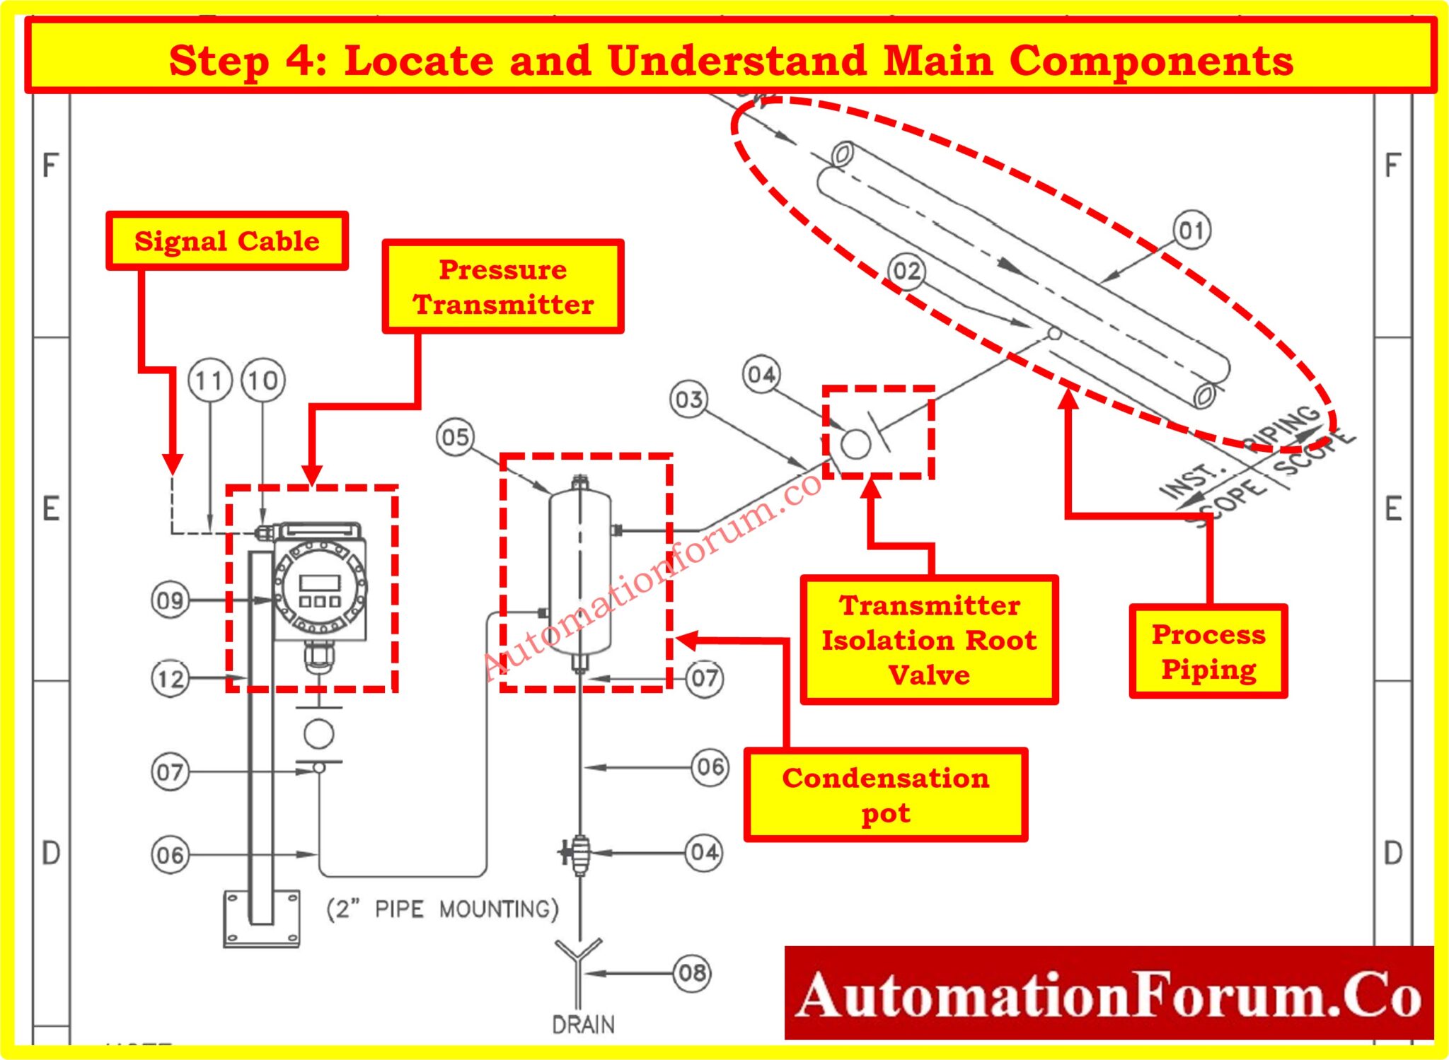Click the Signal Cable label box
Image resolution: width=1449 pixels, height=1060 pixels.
pyautogui.click(x=227, y=241)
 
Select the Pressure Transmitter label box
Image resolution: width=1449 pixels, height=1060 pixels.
pyautogui.click(x=503, y=286)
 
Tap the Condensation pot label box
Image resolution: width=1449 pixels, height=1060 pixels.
pyautogui.click(x=885, y=795)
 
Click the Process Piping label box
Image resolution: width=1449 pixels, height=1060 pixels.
pyautogui.click(x=1208, y=651)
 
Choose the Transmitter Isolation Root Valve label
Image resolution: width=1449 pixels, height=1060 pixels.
pyautogui.click(x=929, y=640)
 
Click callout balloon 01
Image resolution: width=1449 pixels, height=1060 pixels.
pyautogui.click(x=1192, y=231)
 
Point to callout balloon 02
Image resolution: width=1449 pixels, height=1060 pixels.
pyautogui.click(x=907, y=271)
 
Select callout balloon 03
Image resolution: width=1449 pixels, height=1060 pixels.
pyautogui.click(x=689, y=400)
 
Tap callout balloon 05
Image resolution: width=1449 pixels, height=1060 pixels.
pyautogui.click(x=455, y=437)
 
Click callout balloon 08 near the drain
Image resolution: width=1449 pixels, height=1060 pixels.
pyautogui.click(x=692, y=973)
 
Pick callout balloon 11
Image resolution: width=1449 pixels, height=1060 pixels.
pyautogui.click(x=209, y=381)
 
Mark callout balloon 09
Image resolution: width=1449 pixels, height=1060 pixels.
pyautogui.click(x=170, y=601)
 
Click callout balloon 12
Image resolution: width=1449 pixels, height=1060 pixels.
pyautogui.click(x=170, y=679)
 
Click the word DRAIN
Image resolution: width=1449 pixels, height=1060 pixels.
pyautogui.click(x=583, y=1025)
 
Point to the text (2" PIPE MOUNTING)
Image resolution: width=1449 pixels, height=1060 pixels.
pyautogui.click(x=442, y=909)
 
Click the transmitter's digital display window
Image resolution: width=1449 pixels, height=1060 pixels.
pyautogui.click(x=321, y=582)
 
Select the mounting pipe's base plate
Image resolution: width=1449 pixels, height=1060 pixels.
pyautogui.click(x=261, y=919)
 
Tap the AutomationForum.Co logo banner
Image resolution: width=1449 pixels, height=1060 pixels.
pyautogui.click(x=1109, y=994)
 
